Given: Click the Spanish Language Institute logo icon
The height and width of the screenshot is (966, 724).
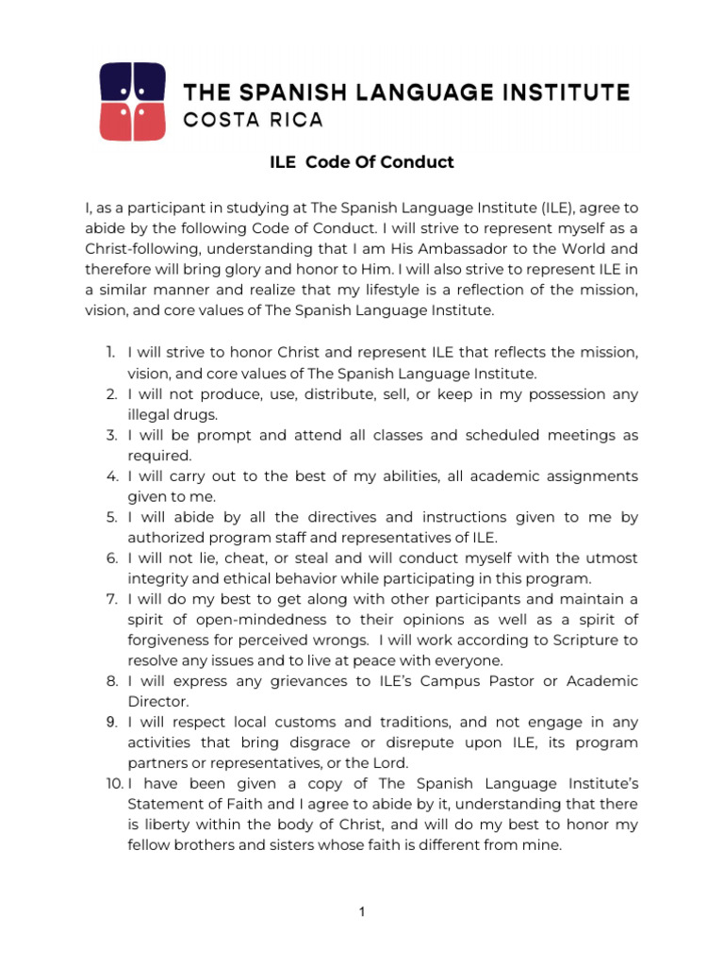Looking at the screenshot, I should pos(133,102).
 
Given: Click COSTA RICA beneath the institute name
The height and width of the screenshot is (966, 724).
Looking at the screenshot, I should pos(239,120).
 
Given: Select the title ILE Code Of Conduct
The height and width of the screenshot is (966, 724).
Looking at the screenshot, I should pos(362,162).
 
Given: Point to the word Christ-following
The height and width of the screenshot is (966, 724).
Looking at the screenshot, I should pos(138,249).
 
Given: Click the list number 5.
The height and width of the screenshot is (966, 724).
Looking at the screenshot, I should pos(109,517).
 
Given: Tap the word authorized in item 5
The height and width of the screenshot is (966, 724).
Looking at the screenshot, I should pos(166,538).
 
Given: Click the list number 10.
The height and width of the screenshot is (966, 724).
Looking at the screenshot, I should pos(113,784).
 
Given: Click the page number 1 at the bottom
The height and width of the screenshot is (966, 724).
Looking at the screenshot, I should pos(362,912).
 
